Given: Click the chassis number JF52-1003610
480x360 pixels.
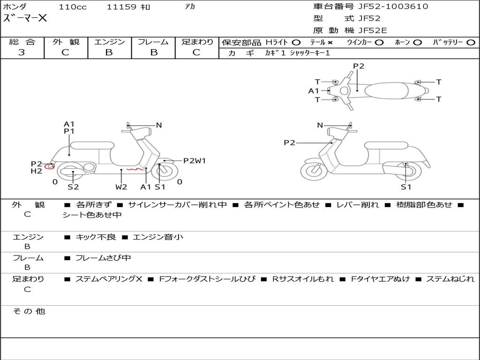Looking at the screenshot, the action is click(x=393, y=7).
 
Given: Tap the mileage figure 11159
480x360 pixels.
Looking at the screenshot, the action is click(x=121, y=7).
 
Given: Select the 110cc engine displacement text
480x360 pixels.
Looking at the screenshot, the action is click(x=73, y=7).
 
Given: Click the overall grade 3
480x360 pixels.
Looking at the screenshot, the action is click(x=22, y=52).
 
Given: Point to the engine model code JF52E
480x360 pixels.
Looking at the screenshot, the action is click(x=373, y=30).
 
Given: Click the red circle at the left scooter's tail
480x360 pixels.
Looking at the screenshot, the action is click(x=49, y=166).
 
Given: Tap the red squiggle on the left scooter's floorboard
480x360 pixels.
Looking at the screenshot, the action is click(x=135, y=169).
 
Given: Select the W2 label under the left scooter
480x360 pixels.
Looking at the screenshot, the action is click(x=121, y=187).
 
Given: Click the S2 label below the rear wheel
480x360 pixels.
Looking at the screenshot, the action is click(x=73, y=187).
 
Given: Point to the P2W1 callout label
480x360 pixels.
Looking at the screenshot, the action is click(x=195, y=161).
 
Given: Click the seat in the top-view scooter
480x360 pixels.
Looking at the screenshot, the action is click(x=386, y=90).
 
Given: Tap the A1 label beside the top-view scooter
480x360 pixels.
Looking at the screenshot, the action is click(x=314, y=91).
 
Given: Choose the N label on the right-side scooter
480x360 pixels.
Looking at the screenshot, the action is click(x=320, y=125).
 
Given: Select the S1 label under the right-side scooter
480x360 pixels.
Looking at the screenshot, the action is click(x=406, y=187).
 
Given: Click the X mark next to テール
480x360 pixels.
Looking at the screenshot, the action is click(x=330, y=43).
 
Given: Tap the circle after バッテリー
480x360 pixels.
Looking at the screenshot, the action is click(x=471, y=43).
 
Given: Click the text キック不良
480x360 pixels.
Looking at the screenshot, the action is click(x=96, y=237).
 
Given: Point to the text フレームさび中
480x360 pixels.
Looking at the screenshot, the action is click(x=103, y=258).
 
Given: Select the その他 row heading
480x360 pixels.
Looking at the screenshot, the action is click(x=29, y=311).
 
